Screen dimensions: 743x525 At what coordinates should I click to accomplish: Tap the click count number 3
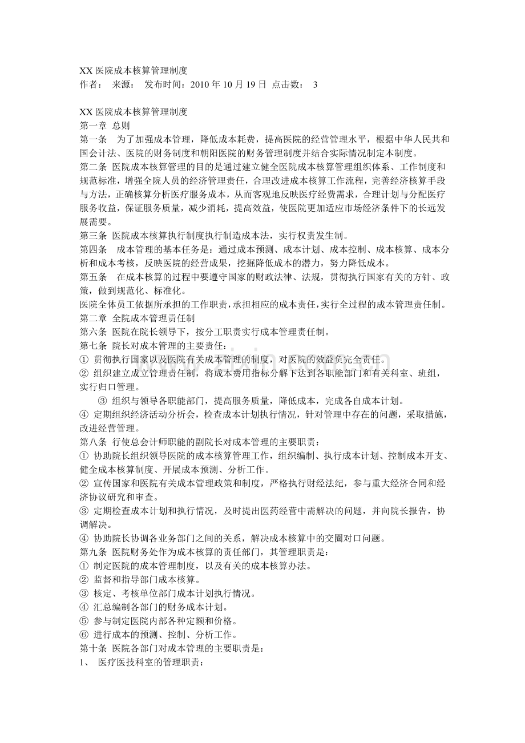316,84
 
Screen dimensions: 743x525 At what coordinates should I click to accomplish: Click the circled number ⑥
84,635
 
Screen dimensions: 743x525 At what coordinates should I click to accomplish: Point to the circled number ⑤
84,621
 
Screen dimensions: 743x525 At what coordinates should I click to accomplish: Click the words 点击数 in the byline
286,84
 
